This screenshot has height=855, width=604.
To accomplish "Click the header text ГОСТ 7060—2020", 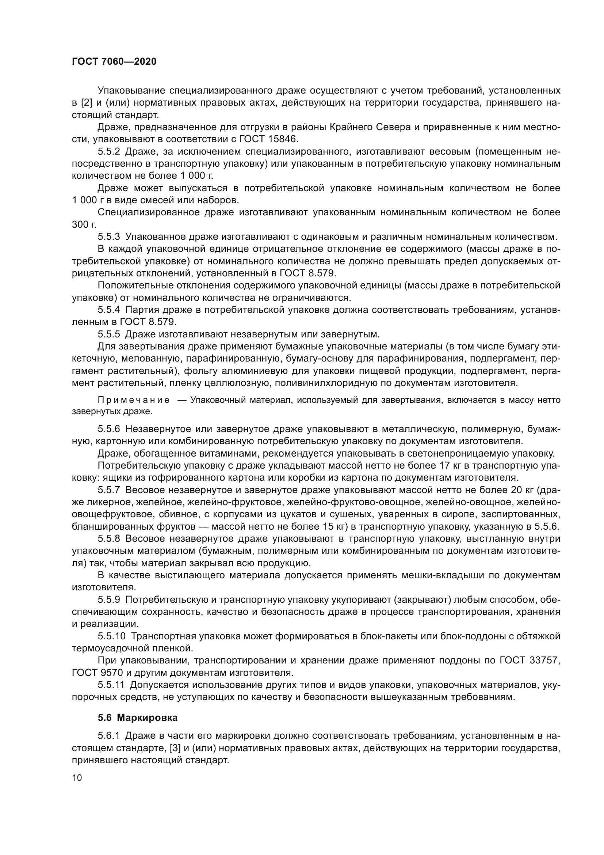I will click(114, 61).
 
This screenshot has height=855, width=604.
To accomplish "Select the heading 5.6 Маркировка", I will click(138, 718).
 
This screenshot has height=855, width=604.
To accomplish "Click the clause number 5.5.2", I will click(109, 152).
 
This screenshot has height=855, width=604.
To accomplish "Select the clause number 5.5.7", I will click(109, 490).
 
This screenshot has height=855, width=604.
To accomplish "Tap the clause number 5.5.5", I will click(109, 334).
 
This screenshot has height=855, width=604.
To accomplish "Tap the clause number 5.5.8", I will click(109, 539).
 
